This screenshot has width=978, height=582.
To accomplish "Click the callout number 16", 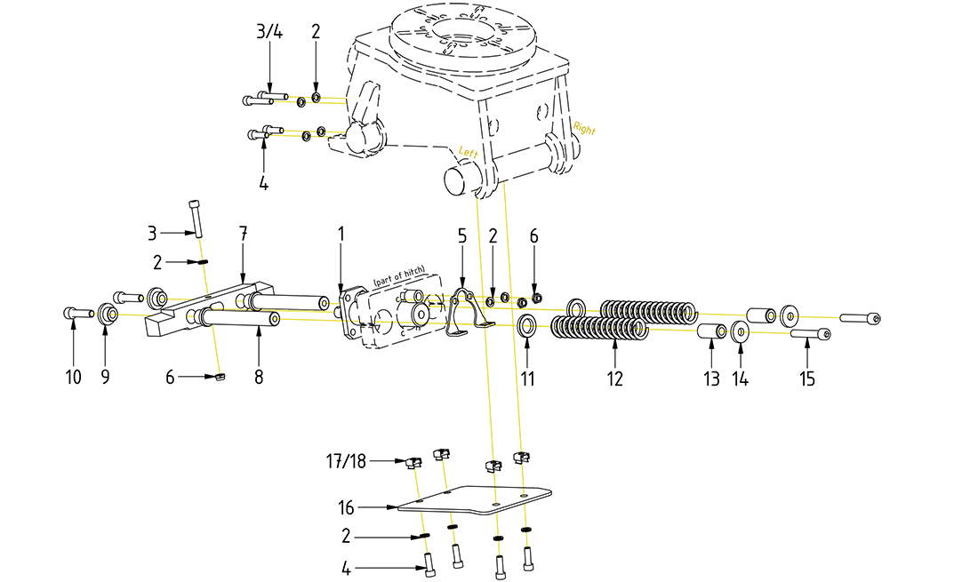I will pos(346,508).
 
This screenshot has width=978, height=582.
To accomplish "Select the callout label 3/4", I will pos(269,32).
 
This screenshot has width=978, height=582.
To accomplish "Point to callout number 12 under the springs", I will pos(615,378).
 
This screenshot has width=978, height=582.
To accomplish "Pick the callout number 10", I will pos(73,378).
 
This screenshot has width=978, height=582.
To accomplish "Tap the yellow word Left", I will pos(469,153).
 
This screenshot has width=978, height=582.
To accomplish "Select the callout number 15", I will pos(806,378).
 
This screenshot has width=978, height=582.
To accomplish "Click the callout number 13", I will pos(711,378).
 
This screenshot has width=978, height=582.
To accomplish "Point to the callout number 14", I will pos(741,378).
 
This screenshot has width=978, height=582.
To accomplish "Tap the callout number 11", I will pos(526,378).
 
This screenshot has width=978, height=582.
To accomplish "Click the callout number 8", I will pos(259,378).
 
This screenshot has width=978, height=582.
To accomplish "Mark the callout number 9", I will pos(105,378).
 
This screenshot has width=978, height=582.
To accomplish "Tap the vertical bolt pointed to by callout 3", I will pos(196,215).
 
